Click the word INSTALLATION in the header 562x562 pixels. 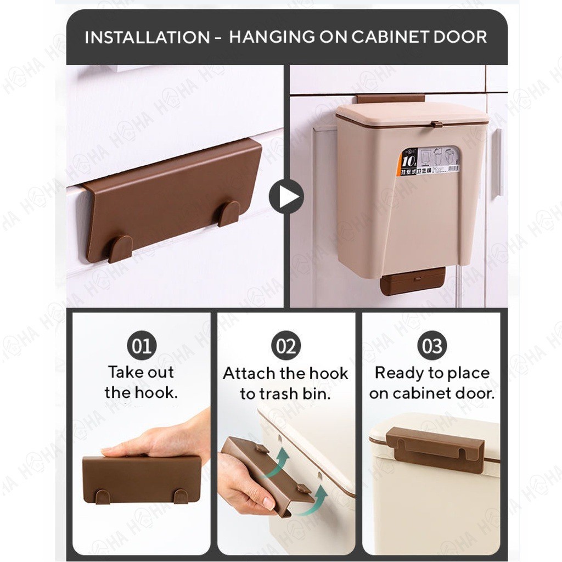tap(147, 37)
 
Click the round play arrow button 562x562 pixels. tap(286, 196)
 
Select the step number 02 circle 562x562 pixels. tap(286, 346)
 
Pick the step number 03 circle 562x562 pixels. tap(432, 346)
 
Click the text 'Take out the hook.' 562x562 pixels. tap(141, 382)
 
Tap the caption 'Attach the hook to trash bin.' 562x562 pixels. tap(285, 383)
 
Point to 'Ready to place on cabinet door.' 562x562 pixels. tap(432, 383)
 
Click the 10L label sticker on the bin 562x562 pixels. tap(428, 161)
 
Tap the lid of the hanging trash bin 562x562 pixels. tap(412, 114)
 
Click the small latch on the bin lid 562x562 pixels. tap(437, 125)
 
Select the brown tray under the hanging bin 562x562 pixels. tap(412, 282)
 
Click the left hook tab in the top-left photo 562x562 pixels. tap(120, 249)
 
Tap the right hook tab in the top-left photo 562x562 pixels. tap(229, 213)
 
